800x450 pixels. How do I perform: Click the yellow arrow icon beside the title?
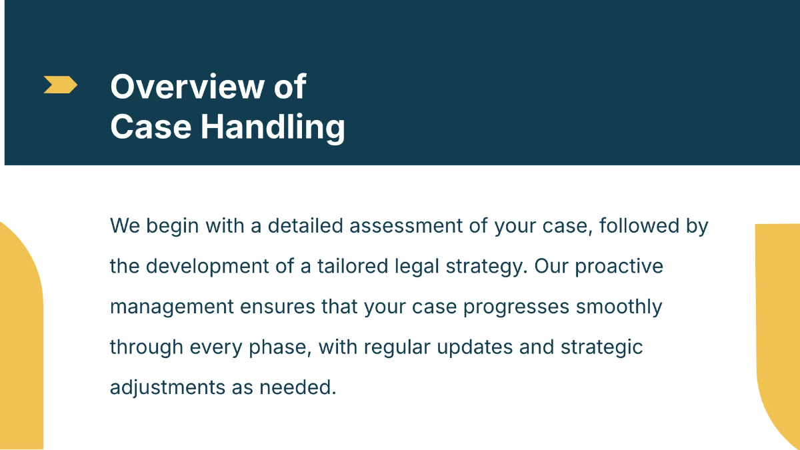[x=60, y=85]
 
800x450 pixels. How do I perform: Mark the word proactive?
[x=619, y=267]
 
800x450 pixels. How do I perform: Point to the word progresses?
[x=516, y=307]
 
